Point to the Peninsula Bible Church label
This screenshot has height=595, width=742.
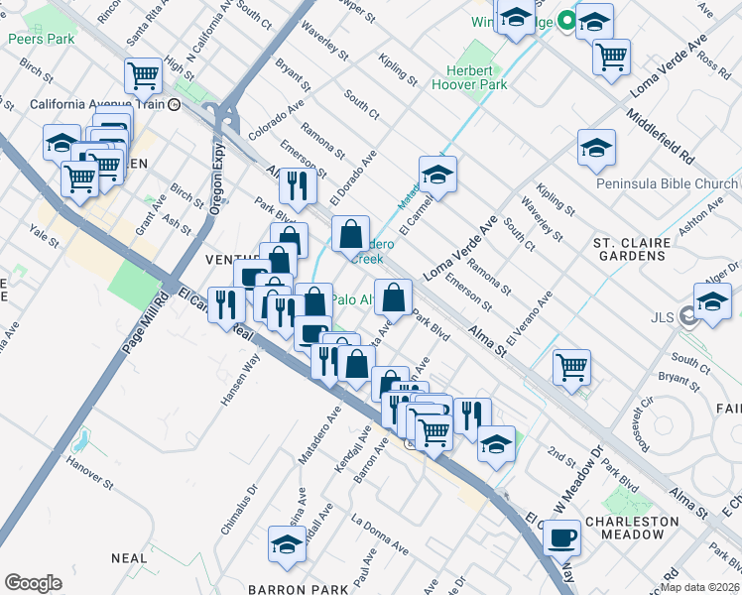click(x=667, y=184)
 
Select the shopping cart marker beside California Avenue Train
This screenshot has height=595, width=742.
click(x=144, y=74)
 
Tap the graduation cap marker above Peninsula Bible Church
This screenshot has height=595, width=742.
click(x=595, y=149)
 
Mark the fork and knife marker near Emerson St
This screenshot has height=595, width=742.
click(x=297, y=184)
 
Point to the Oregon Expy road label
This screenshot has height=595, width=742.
click(x=217, y=178)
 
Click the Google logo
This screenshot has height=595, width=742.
click(x=33, y=583)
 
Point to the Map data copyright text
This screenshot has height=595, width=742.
click(x=698, y=587)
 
